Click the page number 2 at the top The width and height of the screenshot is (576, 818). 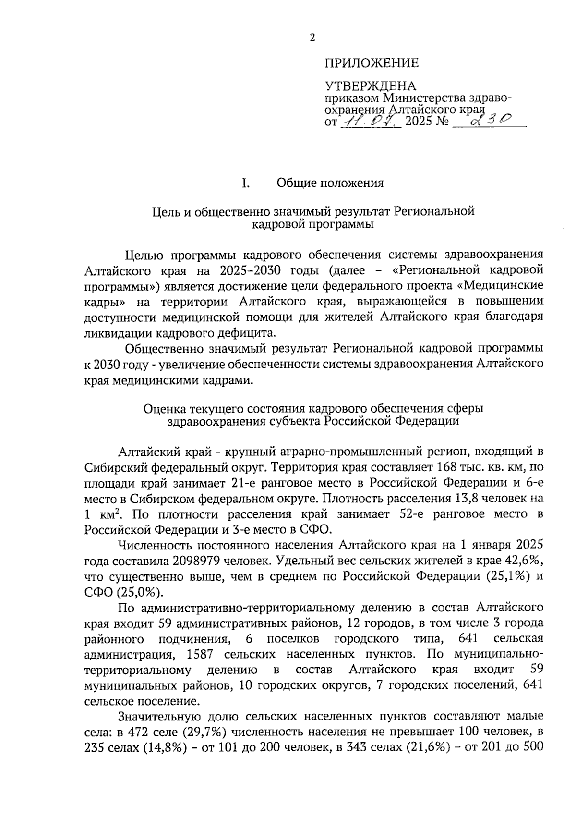[x=312, y=37]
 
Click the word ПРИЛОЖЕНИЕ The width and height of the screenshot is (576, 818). [x=372, y=63]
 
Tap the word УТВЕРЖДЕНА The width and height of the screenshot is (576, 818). [x=370, y=86]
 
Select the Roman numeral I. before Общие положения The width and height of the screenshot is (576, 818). [x=245, y=183]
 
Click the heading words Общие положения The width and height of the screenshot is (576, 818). [x=330, y=183]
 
